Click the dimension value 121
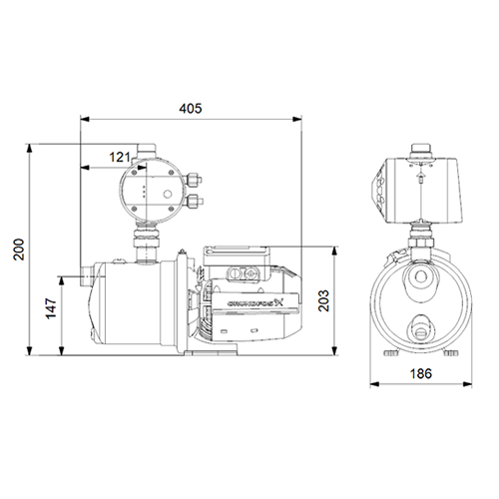pyautogui.click(x=120, y=156)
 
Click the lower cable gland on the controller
pyautogui.click(x=194, y=203)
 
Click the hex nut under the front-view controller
pyautogui.click(x=419, y=239)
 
